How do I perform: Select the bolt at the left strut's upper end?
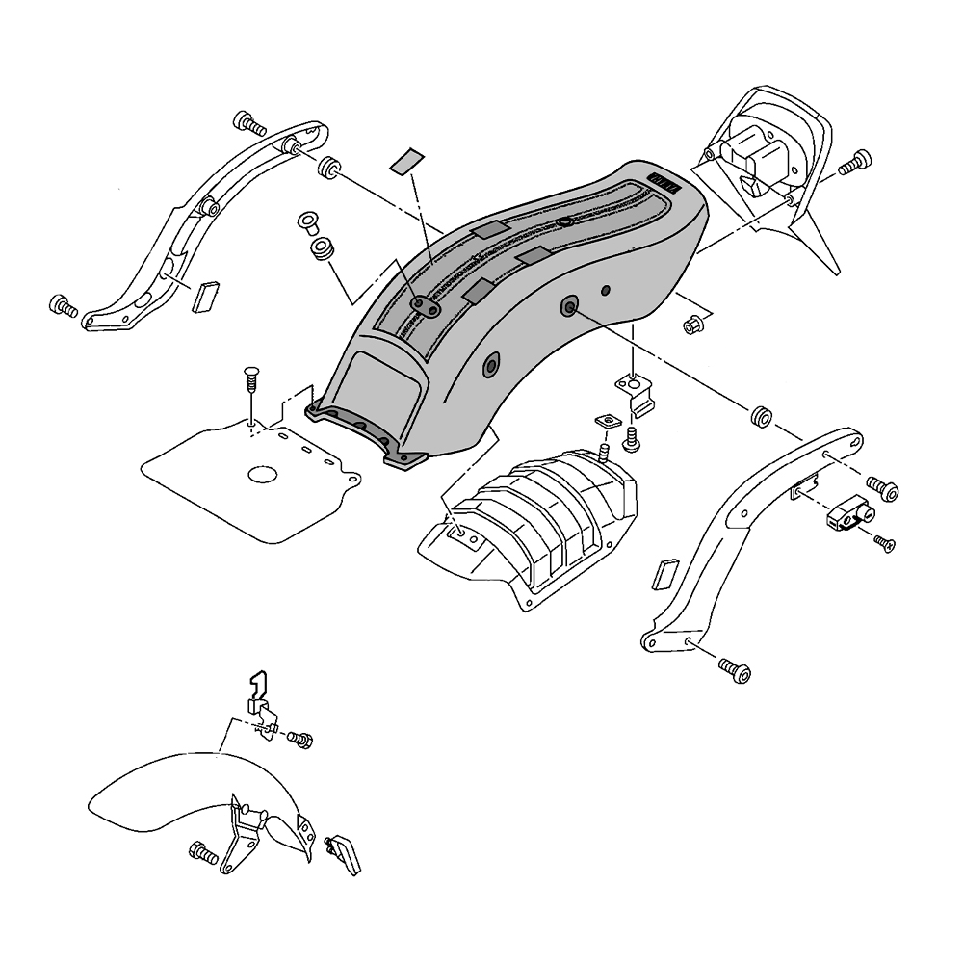click(x=248, y=123)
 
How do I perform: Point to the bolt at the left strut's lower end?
click(x=63, y=307)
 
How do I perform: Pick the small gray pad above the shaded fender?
click(x=404, y=160)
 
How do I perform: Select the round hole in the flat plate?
click(x=262, y=475)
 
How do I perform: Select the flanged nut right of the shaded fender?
click(x=691, y=326)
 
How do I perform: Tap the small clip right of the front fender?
click(x=343, y=852)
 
